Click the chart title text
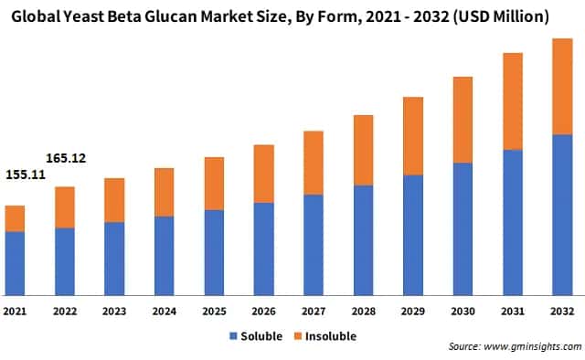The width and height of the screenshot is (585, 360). click(x=292, y=16)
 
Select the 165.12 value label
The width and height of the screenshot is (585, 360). click(x=65, y=158)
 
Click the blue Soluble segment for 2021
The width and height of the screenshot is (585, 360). click(x=15, y=263)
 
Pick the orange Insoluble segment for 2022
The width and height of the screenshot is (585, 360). click(x=65, y=207)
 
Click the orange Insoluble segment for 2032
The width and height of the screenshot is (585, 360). click(x=562, y=86)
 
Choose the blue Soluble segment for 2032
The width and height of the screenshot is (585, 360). click(x=562, y=215)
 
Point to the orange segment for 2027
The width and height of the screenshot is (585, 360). click(x=314, y=163)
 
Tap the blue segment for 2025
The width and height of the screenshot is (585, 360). click(x=214, y=253)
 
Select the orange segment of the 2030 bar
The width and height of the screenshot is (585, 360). click(x=463, y=120)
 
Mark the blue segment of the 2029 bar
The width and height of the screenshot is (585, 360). click(x=413, y=235)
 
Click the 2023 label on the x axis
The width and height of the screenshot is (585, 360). click(x=114, y=312)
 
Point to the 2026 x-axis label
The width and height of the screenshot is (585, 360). click(x=264, y=312)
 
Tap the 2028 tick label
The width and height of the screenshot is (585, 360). click(x=363, y=312)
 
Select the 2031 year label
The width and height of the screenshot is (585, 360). click(x=513, y=312)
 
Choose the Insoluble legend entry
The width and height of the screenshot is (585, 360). click(x=324, y=335)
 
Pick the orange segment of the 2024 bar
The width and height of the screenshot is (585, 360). click(x=165, y=192)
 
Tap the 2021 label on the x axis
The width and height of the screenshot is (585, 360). click(x=15, y=312)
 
